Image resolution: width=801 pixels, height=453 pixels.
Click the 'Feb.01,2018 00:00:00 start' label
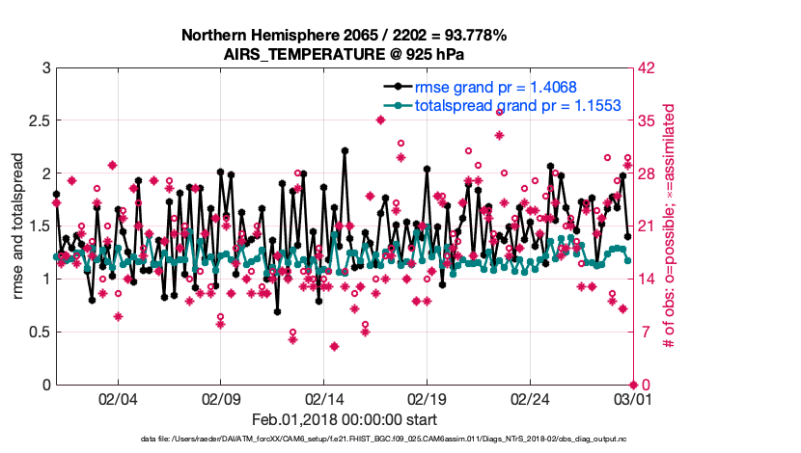tap(345, 419)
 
